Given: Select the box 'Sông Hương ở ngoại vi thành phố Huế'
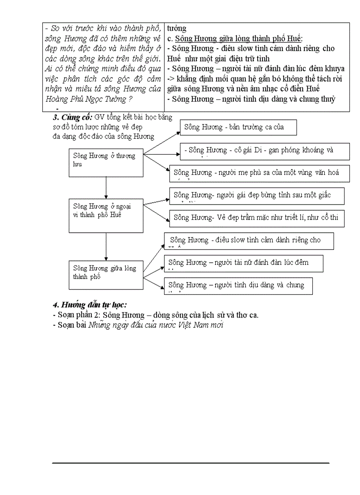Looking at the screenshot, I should (106, 216).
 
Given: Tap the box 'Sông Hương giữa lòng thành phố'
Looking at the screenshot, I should (106, 275).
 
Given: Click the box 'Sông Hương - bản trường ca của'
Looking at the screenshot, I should (238, 127).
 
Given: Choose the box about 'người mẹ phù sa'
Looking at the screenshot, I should (259, 173).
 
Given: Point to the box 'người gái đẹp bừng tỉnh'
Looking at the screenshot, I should (257, 195).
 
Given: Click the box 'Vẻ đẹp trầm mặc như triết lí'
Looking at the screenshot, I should (257, 218).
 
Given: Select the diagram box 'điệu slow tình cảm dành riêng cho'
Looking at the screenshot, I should (249, 241).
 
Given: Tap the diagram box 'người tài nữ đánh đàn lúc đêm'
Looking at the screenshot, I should (244, 263).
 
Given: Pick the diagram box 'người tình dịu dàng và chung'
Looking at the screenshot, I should (238, 286).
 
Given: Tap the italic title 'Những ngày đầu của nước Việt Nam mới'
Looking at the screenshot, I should (156, 325).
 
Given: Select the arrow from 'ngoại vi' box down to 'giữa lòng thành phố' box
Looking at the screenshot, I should (106, 246).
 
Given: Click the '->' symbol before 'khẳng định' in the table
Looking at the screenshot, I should (172, 79).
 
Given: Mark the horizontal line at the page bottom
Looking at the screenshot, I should (191, 463).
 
